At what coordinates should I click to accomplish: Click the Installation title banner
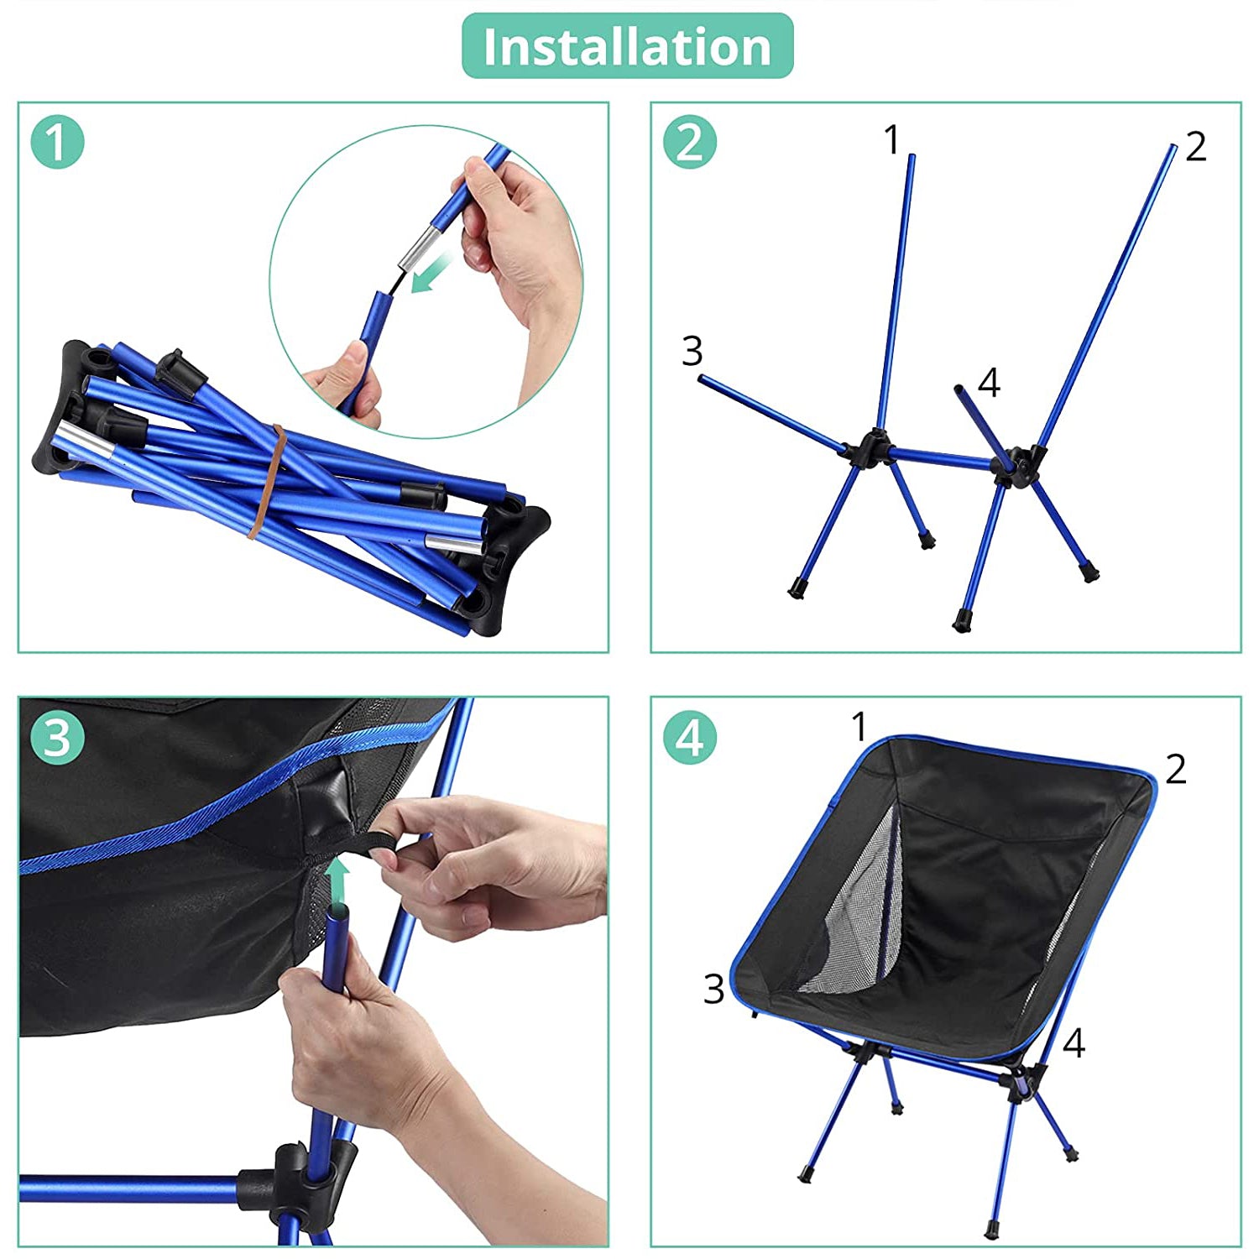click(627, 46)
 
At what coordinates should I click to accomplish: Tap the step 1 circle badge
click(57, 142)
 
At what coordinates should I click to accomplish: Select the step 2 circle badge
click(689, 142)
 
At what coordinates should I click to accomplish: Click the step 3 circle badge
click(57, 738)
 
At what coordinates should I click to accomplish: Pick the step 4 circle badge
click(689, 738)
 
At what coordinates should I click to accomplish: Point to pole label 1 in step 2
click(891, 139)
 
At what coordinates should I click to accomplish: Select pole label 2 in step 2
click(1195, 147)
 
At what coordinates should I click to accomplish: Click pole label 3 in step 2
click(692, 351)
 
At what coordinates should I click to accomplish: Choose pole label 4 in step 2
click(989, 383)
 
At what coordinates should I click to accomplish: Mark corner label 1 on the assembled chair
click(858, 726)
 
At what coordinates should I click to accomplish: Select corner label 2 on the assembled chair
click(1175, 769)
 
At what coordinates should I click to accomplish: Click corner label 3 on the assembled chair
click(713, 989)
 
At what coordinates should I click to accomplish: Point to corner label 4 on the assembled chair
click(1073, 1043)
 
